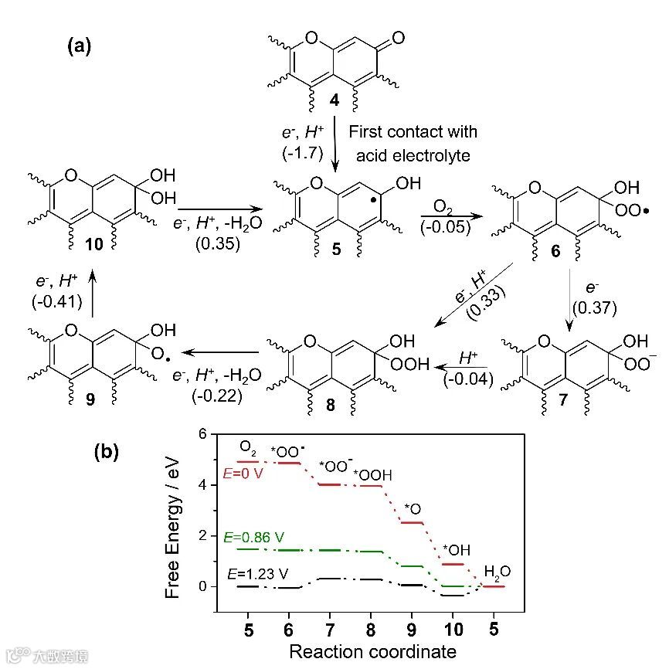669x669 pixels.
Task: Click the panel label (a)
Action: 79,46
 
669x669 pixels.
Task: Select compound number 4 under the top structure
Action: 334,100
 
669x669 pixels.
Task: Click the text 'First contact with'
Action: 413,132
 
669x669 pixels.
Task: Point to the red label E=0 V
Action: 241,473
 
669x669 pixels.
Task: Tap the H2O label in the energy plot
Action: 497,572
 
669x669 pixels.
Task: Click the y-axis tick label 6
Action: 203,434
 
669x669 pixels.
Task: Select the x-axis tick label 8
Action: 372,629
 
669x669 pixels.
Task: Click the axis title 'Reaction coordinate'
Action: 372,651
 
